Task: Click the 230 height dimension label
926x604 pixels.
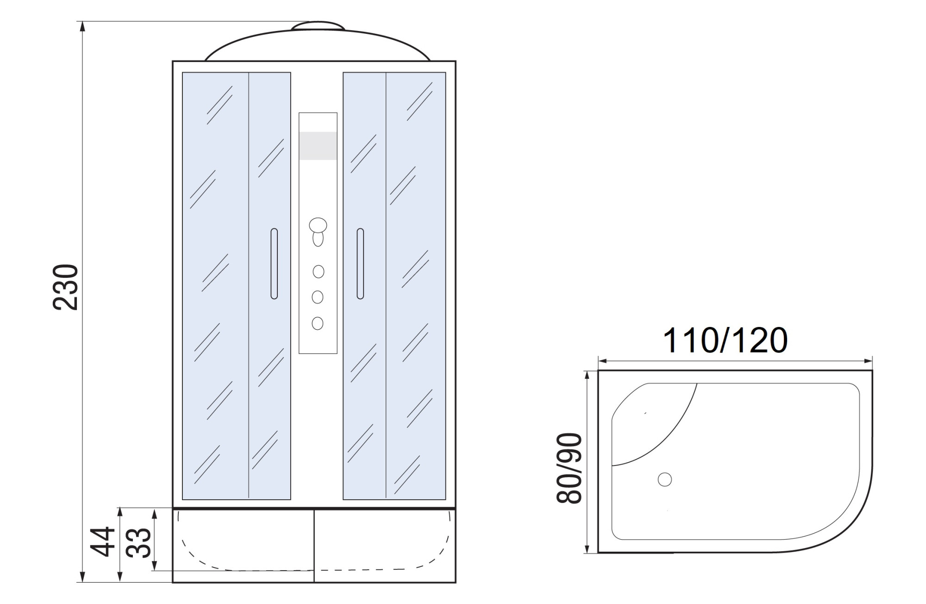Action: coord(65,287)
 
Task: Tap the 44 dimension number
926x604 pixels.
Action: coord(102,541)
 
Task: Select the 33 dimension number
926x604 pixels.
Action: coord(139,543)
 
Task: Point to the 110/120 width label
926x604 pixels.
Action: coord(726,340)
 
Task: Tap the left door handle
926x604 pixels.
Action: coord(274,264)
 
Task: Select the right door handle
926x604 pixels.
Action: coord(360,264)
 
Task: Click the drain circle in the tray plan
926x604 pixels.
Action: coord(665,479)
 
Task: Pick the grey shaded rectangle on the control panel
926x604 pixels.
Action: coord(318,146)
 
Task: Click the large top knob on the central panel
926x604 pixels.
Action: coord(318,226)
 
